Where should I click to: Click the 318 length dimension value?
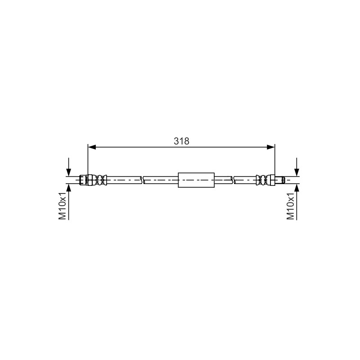(x=181, y=141)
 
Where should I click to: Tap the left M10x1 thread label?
(x=62, y=206)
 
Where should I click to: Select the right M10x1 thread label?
(x=290, y=206)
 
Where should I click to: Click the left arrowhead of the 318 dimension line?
(x=92, y=147)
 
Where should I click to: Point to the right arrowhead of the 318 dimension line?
(x=271, y=147)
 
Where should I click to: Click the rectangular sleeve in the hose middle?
(x=196, y=180)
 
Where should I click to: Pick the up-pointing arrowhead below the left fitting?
(x=68, y=188)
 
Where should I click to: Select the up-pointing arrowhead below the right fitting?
(x=297, y=188)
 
